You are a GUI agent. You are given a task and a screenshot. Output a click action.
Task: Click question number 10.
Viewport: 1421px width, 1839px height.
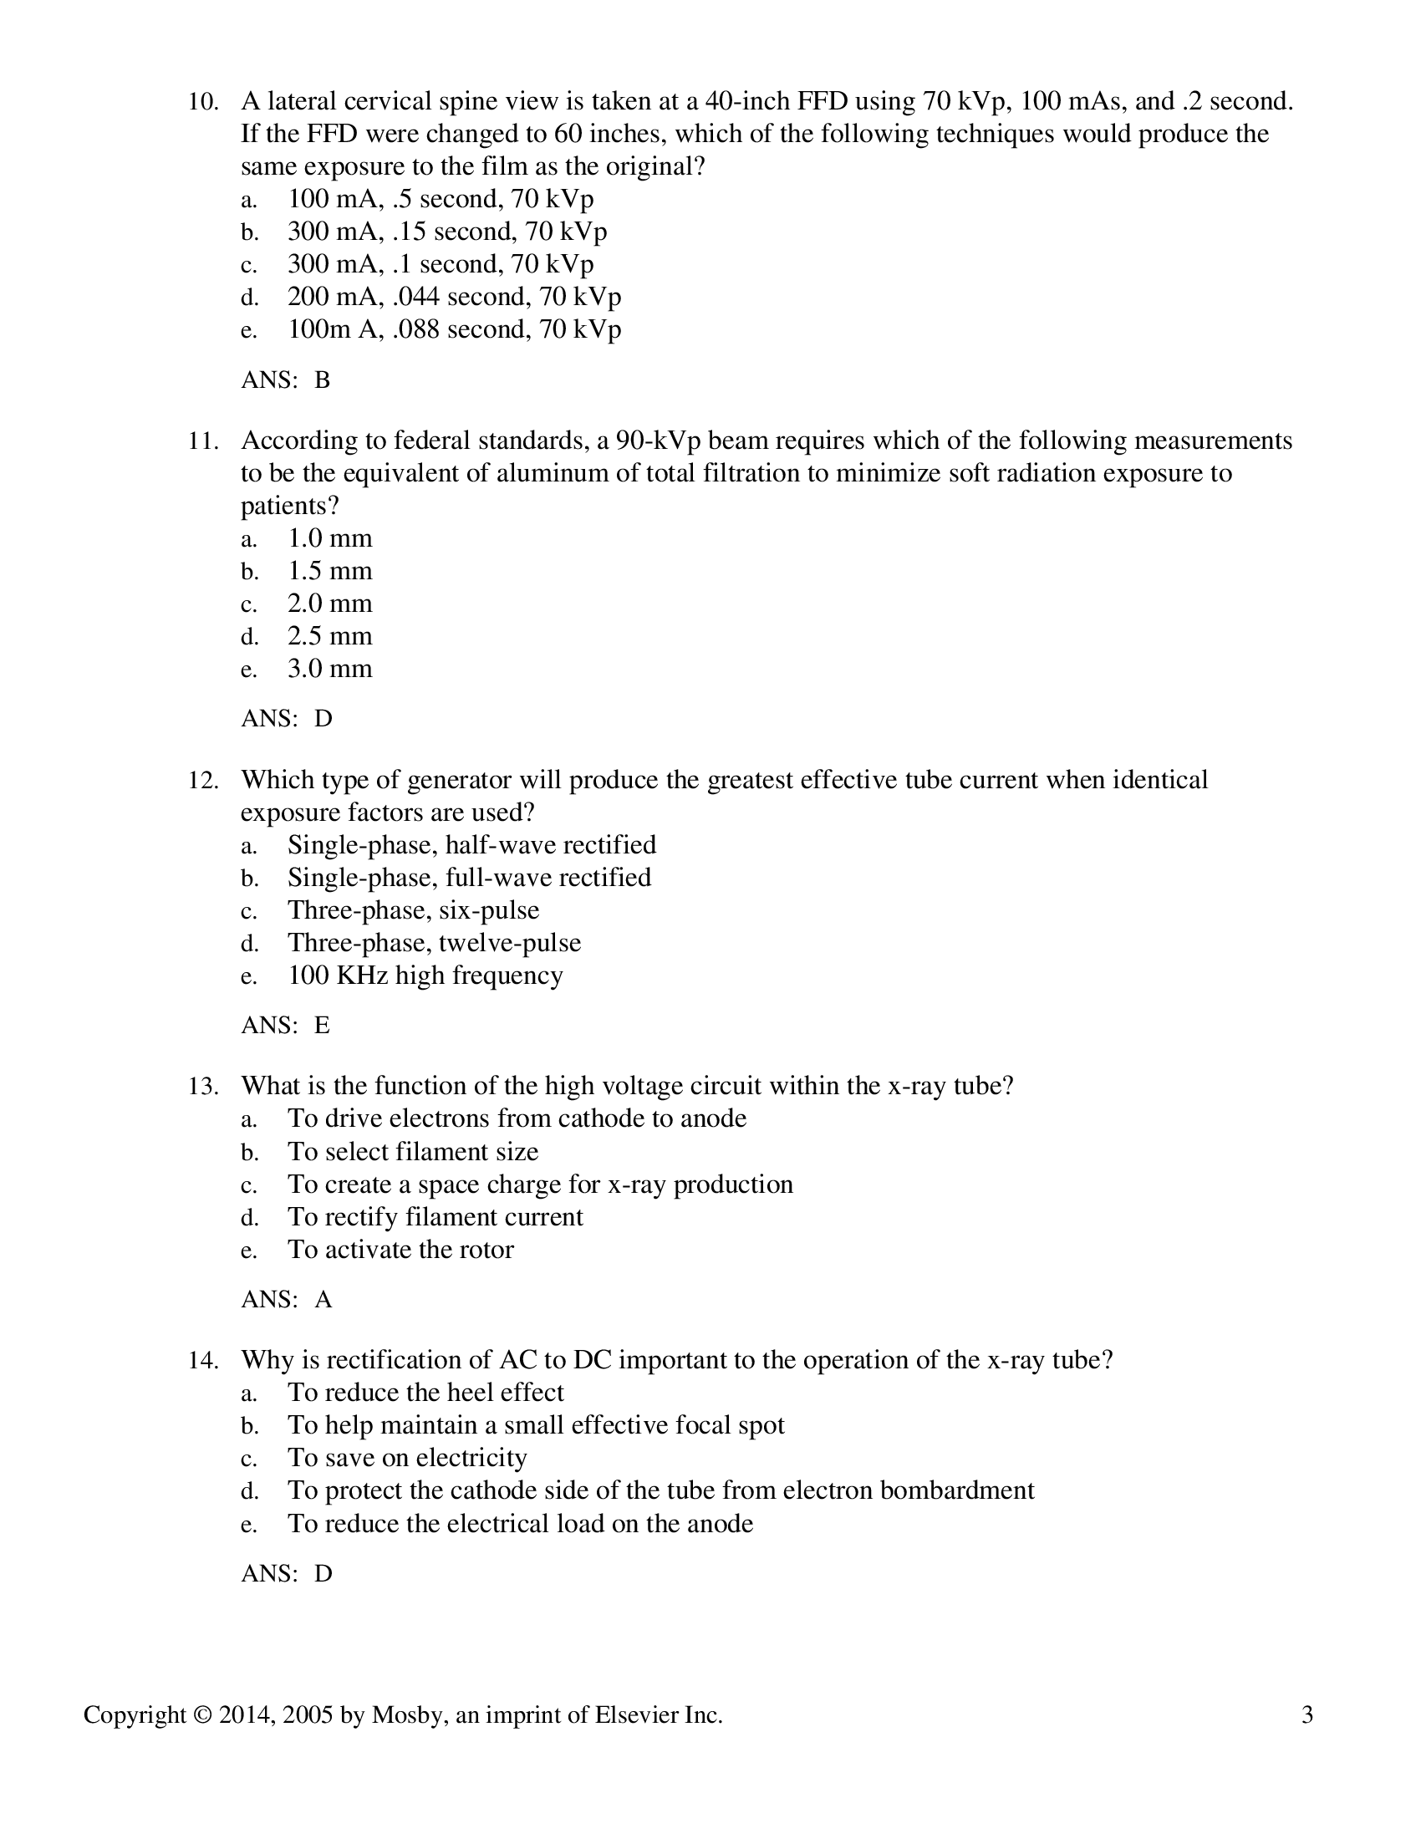pyautogui.click(x=203, y=102)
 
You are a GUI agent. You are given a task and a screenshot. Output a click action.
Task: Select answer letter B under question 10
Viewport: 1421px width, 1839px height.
pyautogui.click(x=322, y=380)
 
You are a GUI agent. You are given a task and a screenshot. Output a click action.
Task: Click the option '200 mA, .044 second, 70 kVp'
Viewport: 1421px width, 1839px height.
pyautogui.click(x=454, y=298)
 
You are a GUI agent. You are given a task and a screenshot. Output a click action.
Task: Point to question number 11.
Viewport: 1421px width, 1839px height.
pyautogui.click(x=203, y=441)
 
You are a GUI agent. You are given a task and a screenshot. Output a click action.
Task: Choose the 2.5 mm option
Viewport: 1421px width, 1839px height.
pyautogui.click(x=329, y=637)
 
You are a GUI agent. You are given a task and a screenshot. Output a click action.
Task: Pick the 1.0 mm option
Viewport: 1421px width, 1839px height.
pyautogui.click(x=329, y=539)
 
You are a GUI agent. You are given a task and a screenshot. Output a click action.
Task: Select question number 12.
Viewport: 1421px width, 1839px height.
pyautogui.click(x=203, y=781)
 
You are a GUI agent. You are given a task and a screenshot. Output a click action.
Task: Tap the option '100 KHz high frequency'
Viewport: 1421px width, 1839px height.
pyautogui.click(x=425, y=976)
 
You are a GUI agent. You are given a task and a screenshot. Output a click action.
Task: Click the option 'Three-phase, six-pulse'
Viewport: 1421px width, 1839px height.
pyautogui.click(x=412, y=911)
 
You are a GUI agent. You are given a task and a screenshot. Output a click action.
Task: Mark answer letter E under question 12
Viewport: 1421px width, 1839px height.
pyautogui.click(x=322, y=1026)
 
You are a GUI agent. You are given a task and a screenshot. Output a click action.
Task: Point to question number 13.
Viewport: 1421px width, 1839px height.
pyautogui.click(x=203, y=1087)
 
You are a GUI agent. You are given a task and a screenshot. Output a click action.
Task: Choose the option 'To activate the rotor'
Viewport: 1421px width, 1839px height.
pyautogui.click(x=400, y=1251)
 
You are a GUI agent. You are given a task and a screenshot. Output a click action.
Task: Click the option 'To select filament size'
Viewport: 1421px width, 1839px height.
pyautogui.click(x=412, y=1153)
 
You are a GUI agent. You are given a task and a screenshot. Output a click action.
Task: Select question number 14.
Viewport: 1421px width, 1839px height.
pyautogui.click(x=203, y=1362)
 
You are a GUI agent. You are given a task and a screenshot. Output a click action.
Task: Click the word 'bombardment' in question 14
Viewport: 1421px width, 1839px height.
pyautogui.click(x=956, y=1491)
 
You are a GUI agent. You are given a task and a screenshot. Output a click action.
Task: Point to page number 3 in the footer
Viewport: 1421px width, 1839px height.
pyautogui.click(x=1306, y=1716)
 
